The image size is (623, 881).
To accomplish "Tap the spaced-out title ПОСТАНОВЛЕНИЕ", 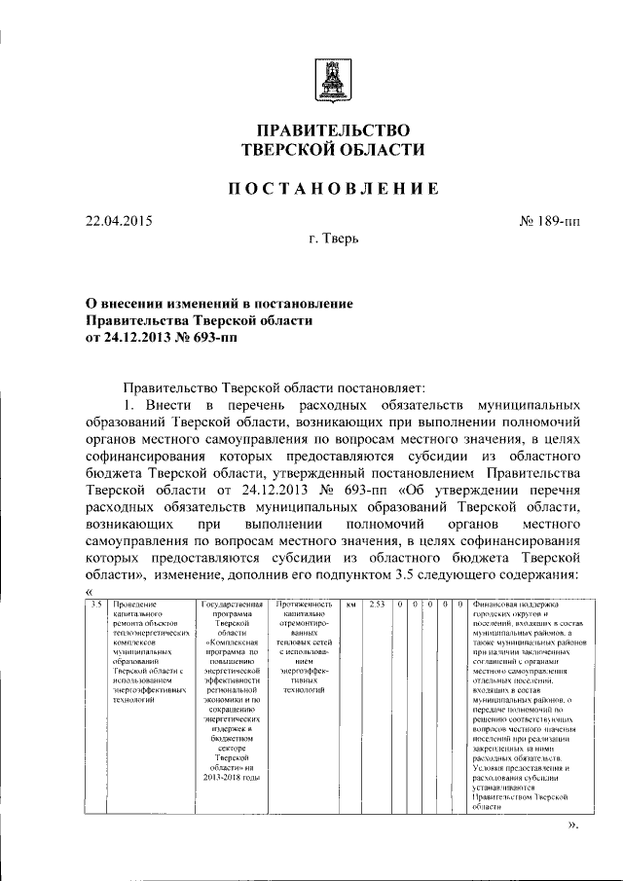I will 333,189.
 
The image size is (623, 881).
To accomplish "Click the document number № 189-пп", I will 549,221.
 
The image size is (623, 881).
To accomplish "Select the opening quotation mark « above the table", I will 89,592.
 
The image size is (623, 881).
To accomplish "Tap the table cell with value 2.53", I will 378,605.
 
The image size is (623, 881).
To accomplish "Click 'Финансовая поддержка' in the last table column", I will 517,605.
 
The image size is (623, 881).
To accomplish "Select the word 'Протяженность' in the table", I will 306,605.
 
